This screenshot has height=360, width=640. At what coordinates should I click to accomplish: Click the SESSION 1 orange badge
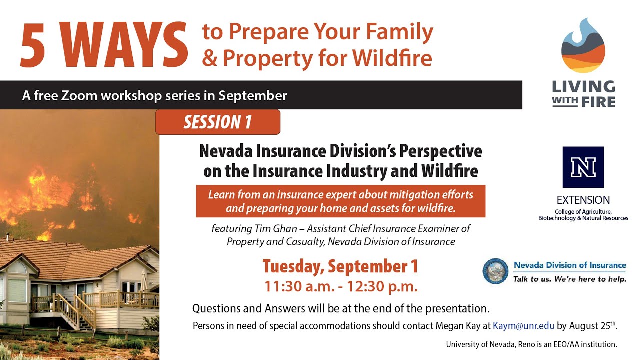pos(217,122)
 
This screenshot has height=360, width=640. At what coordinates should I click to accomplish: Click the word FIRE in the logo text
pos(598,101)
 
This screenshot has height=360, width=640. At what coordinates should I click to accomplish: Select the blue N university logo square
pos(583,167)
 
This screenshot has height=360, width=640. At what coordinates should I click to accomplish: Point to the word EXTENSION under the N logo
pos(583,200)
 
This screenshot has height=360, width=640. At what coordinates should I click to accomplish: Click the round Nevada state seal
pos(495,271)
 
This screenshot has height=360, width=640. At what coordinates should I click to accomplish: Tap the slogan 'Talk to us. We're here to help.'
pos(569,279)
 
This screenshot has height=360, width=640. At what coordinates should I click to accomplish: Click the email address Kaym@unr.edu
pos(523,326)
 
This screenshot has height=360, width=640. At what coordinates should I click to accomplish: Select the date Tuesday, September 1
pos(340,266)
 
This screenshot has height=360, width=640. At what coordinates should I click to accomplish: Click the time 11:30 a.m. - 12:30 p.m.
pos(341,287)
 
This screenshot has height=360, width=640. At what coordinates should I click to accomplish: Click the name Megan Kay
pos(458,326)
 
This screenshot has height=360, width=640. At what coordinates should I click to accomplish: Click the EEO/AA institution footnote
pos(531,344)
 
